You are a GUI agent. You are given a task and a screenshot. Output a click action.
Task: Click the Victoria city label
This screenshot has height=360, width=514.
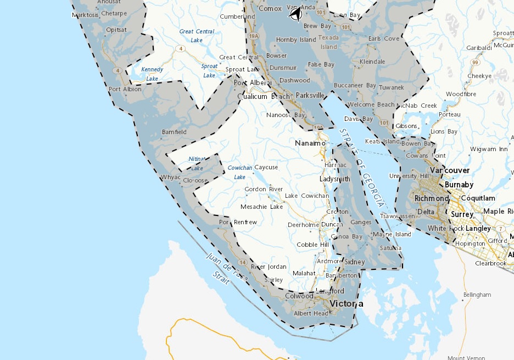[346, 303]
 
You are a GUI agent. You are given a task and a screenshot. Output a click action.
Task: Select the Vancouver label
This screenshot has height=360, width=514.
[450, 170]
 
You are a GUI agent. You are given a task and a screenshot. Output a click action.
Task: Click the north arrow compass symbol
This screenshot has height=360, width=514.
[295, 14]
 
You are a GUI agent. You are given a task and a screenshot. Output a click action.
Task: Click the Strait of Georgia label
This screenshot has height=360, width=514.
[361, 168]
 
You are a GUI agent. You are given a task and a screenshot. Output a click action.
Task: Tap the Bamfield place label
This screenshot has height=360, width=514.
[174, 132]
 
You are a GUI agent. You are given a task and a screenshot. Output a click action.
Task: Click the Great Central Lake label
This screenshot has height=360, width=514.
[197, 36]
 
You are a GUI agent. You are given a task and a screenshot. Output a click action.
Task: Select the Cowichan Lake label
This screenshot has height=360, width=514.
[239, 171]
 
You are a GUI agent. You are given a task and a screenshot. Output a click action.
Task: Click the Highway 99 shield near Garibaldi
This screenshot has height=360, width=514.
[473, 62]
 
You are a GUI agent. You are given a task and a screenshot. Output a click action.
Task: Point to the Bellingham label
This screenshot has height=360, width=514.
[477, 295]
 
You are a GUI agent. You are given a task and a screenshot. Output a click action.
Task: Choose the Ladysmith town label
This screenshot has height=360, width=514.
[335, 179]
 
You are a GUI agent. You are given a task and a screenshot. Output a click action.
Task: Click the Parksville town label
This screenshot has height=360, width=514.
[310, 95]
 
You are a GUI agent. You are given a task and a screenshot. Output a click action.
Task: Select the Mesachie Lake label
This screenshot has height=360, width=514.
[261, 207]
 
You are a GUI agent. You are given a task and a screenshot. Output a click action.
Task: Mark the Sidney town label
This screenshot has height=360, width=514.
[355, 262]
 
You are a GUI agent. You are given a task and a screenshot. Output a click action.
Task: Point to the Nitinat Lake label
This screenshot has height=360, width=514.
[197, 163]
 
